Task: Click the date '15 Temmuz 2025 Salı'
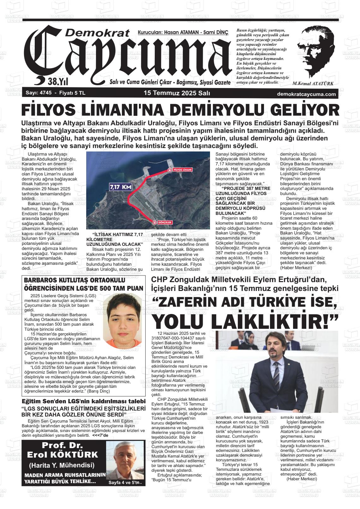tap(177, 93)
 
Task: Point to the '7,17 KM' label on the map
tap(120, 187)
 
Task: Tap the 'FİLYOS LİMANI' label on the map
tap(183, 170)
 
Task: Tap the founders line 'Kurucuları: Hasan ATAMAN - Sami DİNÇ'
tap(183, 33)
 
